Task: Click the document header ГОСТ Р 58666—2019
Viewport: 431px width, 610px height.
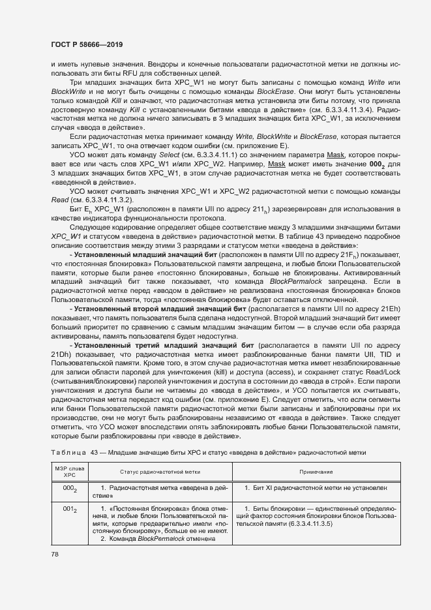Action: pos(86,44)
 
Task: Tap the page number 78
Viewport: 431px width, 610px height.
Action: pos(54,555)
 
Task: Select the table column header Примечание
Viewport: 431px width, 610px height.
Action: pos(316,471)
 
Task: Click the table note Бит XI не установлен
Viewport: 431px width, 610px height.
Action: pos(320,487)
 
